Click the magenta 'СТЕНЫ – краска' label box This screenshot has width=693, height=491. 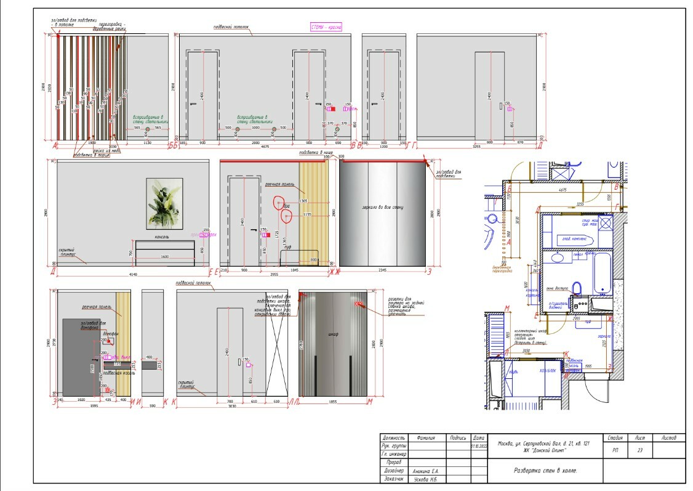point(326,27)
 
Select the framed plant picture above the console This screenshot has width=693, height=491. point(165,203)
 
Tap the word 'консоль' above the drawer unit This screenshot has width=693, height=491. point(162,237)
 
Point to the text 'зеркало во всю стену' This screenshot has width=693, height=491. point(383,208)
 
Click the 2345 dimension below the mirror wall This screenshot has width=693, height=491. point(383,270)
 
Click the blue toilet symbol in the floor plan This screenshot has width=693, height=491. point(577,288)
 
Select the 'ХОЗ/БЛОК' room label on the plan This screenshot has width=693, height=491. point(548,371)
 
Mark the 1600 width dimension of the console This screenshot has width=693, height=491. point(164,256)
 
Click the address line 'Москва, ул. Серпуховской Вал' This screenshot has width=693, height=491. point(539,444)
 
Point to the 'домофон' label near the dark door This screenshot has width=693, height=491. point(110,334)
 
